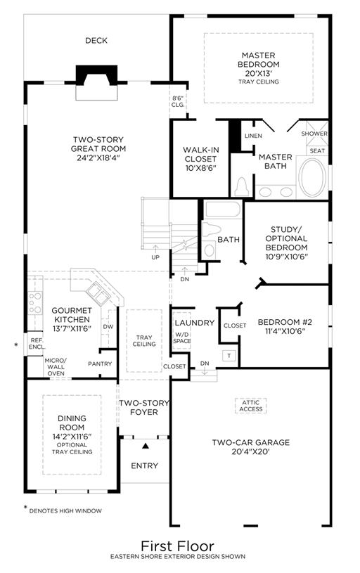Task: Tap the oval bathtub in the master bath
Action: coord(312,176)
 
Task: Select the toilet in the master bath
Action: coord(242,186)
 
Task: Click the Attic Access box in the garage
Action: coord(251,406)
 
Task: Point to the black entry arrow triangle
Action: coord(146,446)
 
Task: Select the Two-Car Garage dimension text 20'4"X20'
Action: coord(250,451)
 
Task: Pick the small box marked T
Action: coord(229,356)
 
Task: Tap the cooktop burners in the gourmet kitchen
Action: coord(35,303)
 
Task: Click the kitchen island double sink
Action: coord(97,293)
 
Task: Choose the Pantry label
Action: coord(100,363)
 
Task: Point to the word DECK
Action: coord(96,41)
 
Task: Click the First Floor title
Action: coord(178,546)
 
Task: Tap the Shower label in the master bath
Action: coord(314,134)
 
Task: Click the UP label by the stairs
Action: coord(155,257)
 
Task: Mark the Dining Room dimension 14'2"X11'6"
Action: coord(72,437)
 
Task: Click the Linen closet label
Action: coord(253,136)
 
